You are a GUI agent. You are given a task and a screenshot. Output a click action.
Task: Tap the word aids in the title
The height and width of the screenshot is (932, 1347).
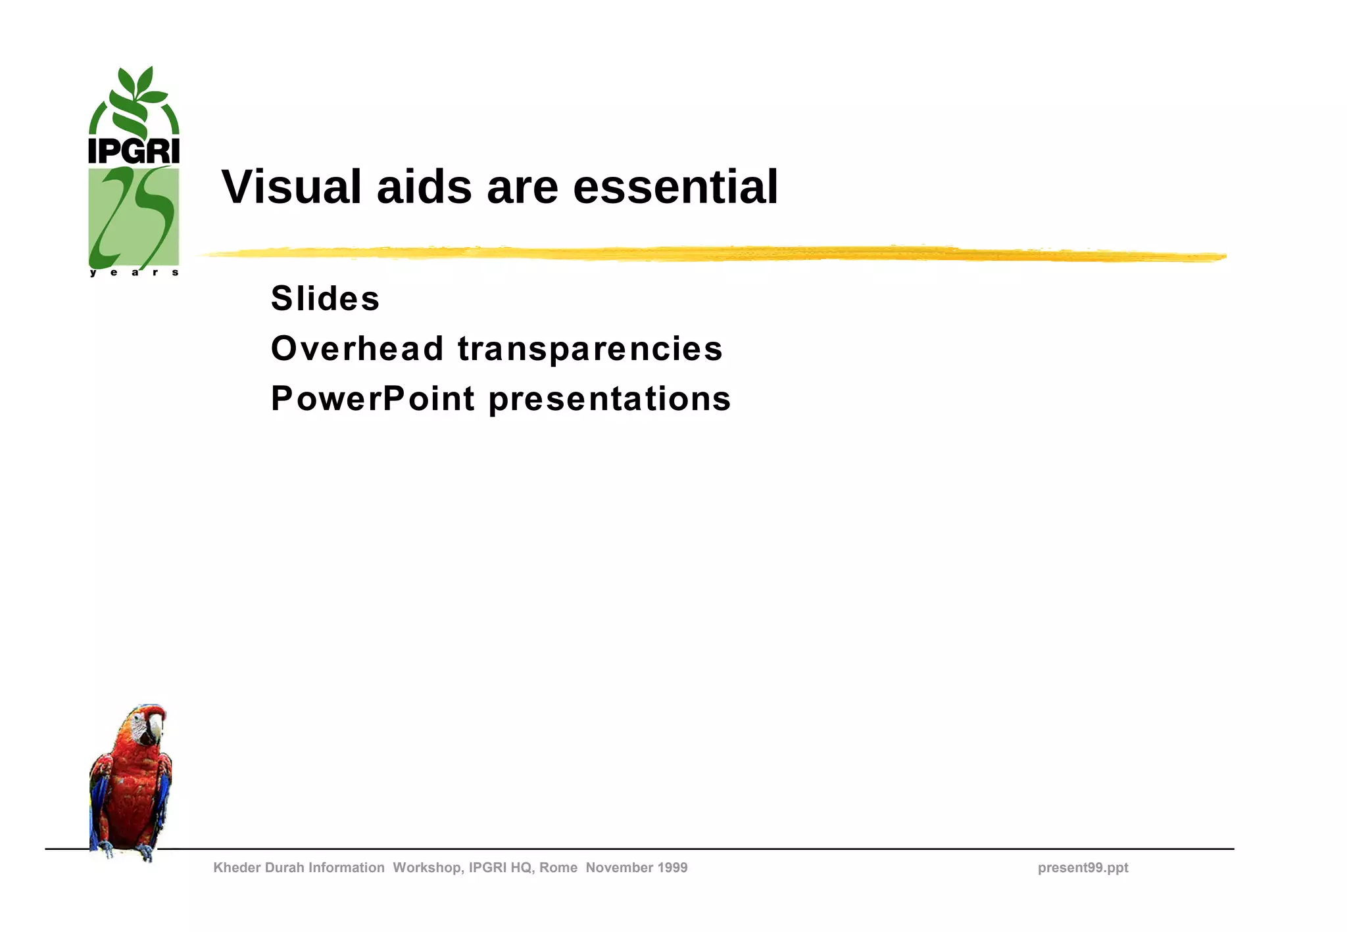coord(424,187)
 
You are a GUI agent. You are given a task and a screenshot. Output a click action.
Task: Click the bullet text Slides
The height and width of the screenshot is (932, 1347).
coord(325,298)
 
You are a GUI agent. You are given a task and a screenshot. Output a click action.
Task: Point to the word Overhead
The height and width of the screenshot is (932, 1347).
coord(357,348)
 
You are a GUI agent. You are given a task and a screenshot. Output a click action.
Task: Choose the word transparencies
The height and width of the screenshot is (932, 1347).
coord(590,349)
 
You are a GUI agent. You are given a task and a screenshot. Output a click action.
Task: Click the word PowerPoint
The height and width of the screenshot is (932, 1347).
coord(372,398)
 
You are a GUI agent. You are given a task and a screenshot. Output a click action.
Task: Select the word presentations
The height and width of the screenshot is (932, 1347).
coord(610,400)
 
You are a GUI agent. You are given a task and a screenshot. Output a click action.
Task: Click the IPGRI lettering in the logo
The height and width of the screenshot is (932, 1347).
coord(134,151)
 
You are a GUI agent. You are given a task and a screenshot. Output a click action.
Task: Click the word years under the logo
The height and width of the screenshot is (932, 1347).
coord(134,272)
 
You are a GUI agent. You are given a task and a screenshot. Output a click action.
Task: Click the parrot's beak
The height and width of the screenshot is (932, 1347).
coord(155,727)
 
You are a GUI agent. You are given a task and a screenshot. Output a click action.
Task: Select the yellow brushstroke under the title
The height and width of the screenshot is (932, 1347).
coord(710,254)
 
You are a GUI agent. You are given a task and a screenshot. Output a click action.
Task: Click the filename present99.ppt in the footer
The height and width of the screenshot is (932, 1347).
coord(1083,868)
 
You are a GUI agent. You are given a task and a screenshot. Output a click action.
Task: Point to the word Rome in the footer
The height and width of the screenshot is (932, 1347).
coord(558,868)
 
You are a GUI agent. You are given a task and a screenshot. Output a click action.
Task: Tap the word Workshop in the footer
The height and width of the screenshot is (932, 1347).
coord(428,868)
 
